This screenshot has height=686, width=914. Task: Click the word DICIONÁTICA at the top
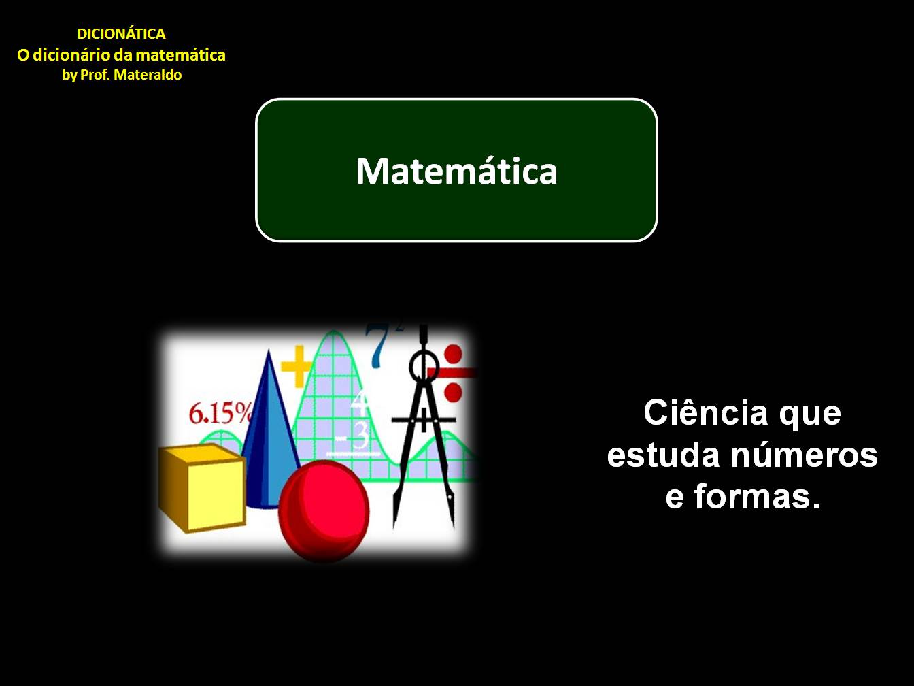(x=121, y=34)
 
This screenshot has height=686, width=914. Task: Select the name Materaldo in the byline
(x=148, y=75)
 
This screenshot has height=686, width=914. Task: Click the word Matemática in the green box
(x=456, y=171)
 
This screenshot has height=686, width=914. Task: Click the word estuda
(x=664, y=455)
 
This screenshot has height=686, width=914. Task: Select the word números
(x=805, y=455)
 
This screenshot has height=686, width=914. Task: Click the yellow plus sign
(x=296, y=365)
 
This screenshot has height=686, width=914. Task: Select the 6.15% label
(x=220, y=413)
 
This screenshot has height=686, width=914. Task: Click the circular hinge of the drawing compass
(x=424, y=367)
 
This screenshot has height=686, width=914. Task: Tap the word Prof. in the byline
(x=95, y=75)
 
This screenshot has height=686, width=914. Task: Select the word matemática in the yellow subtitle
(x=184, y=55)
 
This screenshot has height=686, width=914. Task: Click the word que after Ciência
(x=810, y=412)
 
